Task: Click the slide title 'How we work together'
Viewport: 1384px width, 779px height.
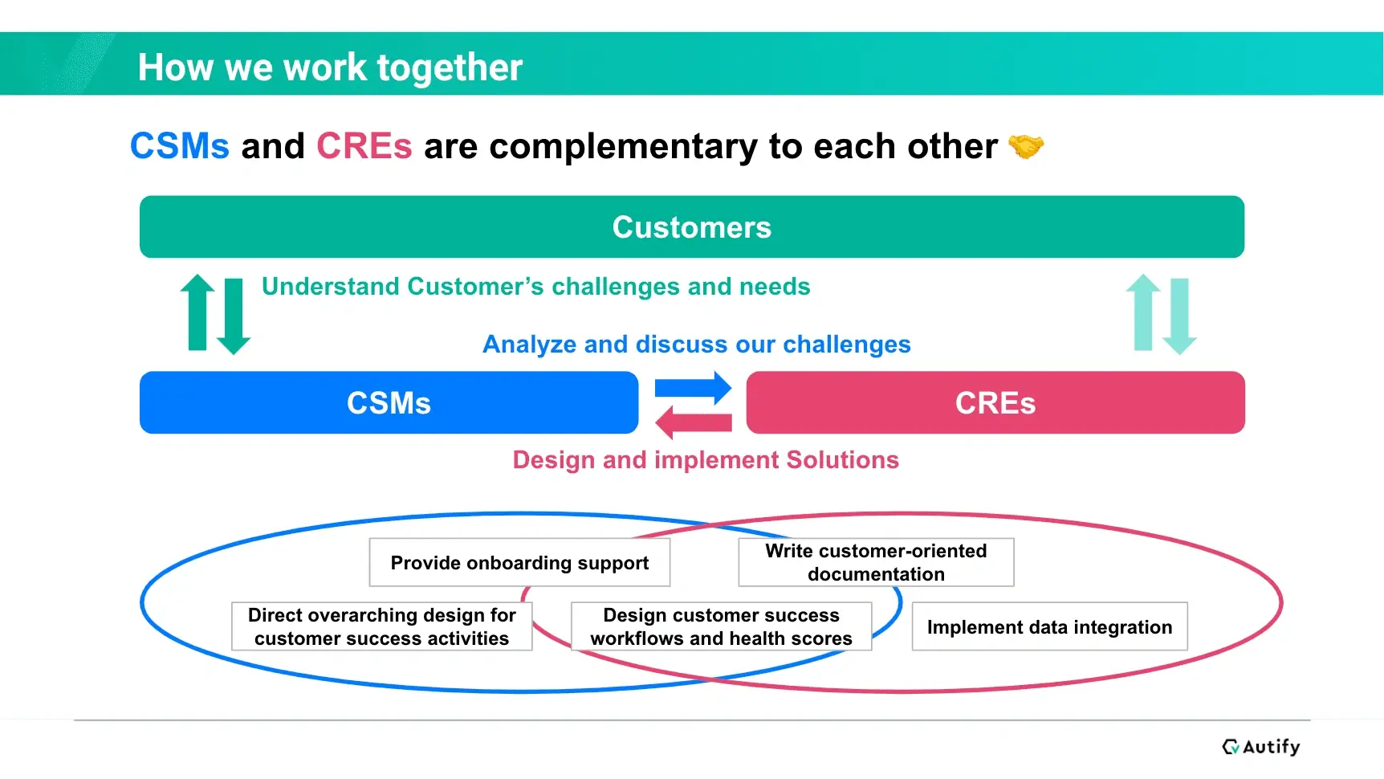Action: tap(330, 67)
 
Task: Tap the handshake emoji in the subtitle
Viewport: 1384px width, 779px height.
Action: tap(1026, 146)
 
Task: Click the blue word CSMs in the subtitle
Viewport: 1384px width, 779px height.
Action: tap(180, 146)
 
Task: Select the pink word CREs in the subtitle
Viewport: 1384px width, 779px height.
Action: tap(364, 146)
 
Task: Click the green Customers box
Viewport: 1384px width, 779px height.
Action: tap(692, 226)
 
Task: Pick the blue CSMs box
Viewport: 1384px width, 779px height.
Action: tap(389, 402)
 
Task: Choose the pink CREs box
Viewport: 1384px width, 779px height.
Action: tap(995, 402)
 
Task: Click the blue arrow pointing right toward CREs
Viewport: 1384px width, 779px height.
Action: tap(693, 389)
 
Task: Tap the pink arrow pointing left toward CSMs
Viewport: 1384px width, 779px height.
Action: tap(693, 422)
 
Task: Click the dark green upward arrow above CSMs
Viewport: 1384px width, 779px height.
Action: tap(197, 312)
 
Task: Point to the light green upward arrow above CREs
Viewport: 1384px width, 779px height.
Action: tap(1143, 312)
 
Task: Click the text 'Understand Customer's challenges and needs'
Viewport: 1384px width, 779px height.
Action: tap(535, 287)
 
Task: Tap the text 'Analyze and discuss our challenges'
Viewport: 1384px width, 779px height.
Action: tap(696, 345)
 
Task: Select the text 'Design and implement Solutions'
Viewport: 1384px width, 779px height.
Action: tap(706, 459)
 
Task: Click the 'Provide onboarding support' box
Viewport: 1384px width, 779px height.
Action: tap(519, 562)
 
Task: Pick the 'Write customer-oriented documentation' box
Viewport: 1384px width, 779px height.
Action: tap(876, 562)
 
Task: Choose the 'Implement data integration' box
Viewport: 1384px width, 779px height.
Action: tap(1049, 626)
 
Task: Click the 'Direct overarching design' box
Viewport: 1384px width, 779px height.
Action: tap(381, 626)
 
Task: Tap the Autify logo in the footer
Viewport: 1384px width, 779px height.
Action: tap(1260, 747)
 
